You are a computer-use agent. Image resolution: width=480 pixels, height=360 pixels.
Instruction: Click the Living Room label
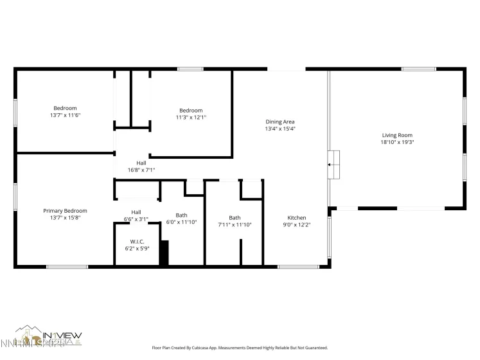coord(396,135)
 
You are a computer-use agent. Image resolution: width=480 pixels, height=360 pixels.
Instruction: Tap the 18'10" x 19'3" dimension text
coord(396,142)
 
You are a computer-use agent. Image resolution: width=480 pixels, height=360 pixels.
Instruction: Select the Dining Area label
coord(280,122)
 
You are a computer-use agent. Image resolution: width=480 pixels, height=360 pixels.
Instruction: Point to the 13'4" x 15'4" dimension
coord(280,129)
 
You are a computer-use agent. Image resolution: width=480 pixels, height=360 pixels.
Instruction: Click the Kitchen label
coord(296,217)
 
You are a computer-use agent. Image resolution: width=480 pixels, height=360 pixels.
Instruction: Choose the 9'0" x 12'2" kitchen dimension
coord(296,224)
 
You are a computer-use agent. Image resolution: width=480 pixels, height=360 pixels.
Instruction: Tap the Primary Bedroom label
coord(65,210)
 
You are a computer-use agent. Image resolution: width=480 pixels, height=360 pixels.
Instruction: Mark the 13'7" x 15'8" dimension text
coord(65,217)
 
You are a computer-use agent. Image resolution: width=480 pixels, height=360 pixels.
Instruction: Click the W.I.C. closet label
coord(137,241)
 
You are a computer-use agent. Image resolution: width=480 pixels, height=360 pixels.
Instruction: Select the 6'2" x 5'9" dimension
coord(137,248)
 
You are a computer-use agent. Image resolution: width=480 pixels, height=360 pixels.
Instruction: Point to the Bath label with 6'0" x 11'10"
coord(181,215)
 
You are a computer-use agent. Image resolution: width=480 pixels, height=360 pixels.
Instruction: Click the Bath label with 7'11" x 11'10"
coord(235,217)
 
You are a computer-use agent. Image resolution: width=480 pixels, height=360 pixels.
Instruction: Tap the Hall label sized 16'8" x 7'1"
coord(141,163)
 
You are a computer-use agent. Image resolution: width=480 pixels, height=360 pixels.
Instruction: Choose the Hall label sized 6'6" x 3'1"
coord(136,212)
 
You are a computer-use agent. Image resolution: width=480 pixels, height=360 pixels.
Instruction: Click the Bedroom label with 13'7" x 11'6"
coord(65,108)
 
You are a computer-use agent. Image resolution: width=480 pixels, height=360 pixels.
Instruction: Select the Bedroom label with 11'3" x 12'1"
coord(191,110)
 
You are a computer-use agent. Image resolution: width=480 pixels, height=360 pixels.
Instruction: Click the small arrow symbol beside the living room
coord(330,165)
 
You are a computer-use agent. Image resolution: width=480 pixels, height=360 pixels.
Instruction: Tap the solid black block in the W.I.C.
coord(164,253)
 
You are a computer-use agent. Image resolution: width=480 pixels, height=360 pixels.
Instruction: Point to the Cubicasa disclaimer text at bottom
coord(239,348)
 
